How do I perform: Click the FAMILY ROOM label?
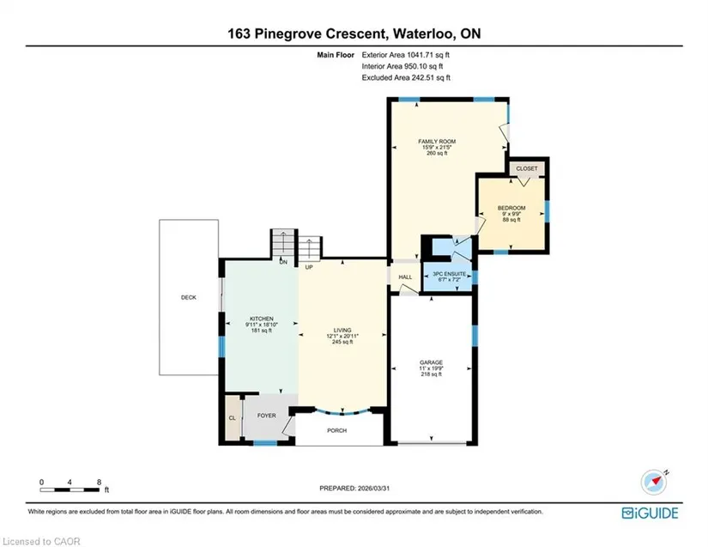[437, 142]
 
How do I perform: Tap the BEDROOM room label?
[511, 208]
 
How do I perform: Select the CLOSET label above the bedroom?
[527, 168]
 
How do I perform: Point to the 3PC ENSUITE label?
[450, 274]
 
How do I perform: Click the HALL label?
[405, 277]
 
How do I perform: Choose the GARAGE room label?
[431, 362]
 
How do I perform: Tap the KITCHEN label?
[262, 319]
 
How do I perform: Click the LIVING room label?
[342, 331]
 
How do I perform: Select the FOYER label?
[266, 416]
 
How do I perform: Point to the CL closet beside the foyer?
[232, 418]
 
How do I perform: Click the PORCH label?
[337, 430]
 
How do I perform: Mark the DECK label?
[189, 297]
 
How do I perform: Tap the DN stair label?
[283, 262]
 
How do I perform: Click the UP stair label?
[309, 267]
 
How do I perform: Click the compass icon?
[654, 482]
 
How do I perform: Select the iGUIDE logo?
[650, 514]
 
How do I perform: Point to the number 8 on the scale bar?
[99, 482]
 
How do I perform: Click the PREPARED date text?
[354, 489]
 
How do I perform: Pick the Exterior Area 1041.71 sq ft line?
[405, 55]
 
